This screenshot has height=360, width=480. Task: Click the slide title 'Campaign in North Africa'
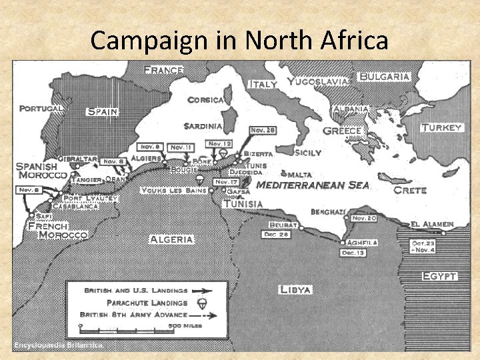tap(239, 41)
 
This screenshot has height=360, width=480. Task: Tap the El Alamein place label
tap(433, 224)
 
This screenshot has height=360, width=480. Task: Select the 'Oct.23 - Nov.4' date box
tap(424, 246)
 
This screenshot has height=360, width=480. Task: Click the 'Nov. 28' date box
tap(262, 130)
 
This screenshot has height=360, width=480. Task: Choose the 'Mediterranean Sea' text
tap(312, 185)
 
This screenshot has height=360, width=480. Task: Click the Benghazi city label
tap(329, 212)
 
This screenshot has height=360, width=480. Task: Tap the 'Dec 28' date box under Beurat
tap(275, 235)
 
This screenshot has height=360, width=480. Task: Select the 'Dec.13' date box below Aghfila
tap(353, 253)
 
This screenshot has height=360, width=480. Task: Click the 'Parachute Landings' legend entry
tap(137, 302)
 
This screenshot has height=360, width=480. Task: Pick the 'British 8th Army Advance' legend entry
tap(133, 314)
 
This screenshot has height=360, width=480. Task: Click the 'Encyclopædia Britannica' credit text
tap(59, 345)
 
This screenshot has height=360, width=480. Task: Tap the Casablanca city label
tap(75, 207)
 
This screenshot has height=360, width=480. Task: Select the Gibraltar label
tap(77, 159)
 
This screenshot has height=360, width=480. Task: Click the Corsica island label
tap(205, 100)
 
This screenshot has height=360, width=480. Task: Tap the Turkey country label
tap(441, 127)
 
